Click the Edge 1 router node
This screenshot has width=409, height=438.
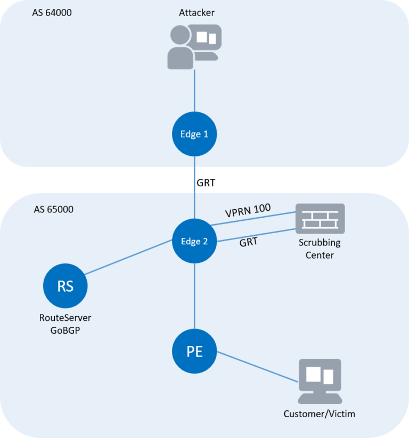tap(194, 134)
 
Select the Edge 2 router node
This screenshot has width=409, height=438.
tap(194, 241)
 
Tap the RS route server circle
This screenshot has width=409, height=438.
tap(65, 286)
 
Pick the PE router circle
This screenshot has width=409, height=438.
tap(194, 351)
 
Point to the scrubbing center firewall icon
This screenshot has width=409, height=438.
tap(320, 218)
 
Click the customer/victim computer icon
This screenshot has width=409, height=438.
tap(320, 381)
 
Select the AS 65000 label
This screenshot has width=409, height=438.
tap(53, 209)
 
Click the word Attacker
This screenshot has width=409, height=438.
tap(194, 12)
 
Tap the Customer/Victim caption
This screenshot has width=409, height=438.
tap(319, 414)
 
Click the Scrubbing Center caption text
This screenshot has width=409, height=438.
tap(320, 249)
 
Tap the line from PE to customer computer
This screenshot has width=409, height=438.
tap(256, 367)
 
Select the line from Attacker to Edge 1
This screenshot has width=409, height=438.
tap(194, 90)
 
